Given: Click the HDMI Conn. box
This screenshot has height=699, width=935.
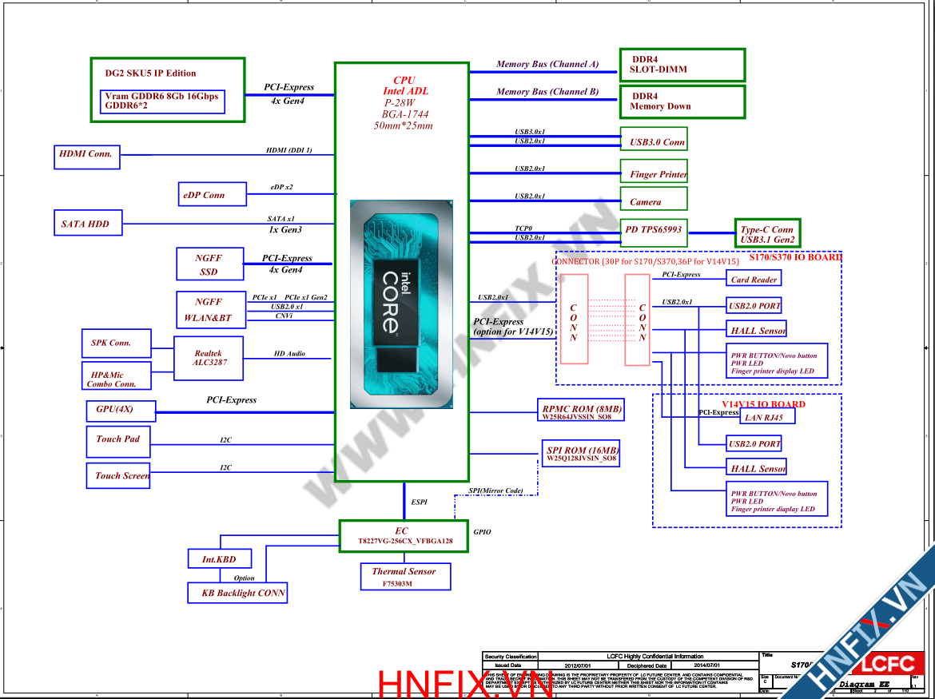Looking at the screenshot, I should pos(87,155).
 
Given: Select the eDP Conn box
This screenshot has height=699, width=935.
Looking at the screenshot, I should pos(203,195).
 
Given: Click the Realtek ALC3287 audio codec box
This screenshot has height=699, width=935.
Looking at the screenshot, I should pos(209,358).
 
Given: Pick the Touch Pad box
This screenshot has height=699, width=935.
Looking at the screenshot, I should pos(117,439).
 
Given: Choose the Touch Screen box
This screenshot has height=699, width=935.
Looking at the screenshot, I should pos(118,475).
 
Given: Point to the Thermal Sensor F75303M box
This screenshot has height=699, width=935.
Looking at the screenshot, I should pos(404,577).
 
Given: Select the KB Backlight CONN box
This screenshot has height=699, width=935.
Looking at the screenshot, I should pos(237,593).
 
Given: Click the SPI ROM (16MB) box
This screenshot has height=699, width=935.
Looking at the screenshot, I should pos(582,455).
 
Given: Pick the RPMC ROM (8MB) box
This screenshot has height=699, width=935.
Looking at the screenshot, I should pos(582,411).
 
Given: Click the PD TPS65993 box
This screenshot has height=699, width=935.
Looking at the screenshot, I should pos(653,230).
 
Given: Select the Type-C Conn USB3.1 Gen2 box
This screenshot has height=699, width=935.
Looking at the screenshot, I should pos(767,234).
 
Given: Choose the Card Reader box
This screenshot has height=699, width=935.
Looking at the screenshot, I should pos(754,279).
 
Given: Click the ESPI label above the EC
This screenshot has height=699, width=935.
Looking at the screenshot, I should pos(419,502).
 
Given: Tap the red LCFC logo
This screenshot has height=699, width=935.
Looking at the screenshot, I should pos(885,663).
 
